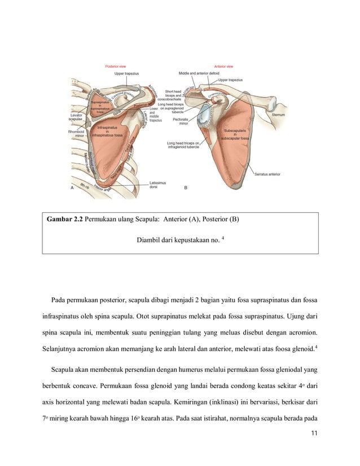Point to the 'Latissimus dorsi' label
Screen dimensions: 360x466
(x=157, y=184)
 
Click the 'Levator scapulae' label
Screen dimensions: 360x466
(x=76, y=118)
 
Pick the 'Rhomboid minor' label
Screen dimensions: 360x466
(x=76, y=134)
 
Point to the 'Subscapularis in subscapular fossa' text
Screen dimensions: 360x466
(x=234, y=134)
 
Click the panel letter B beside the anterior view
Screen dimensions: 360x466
(x=186, y=187)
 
